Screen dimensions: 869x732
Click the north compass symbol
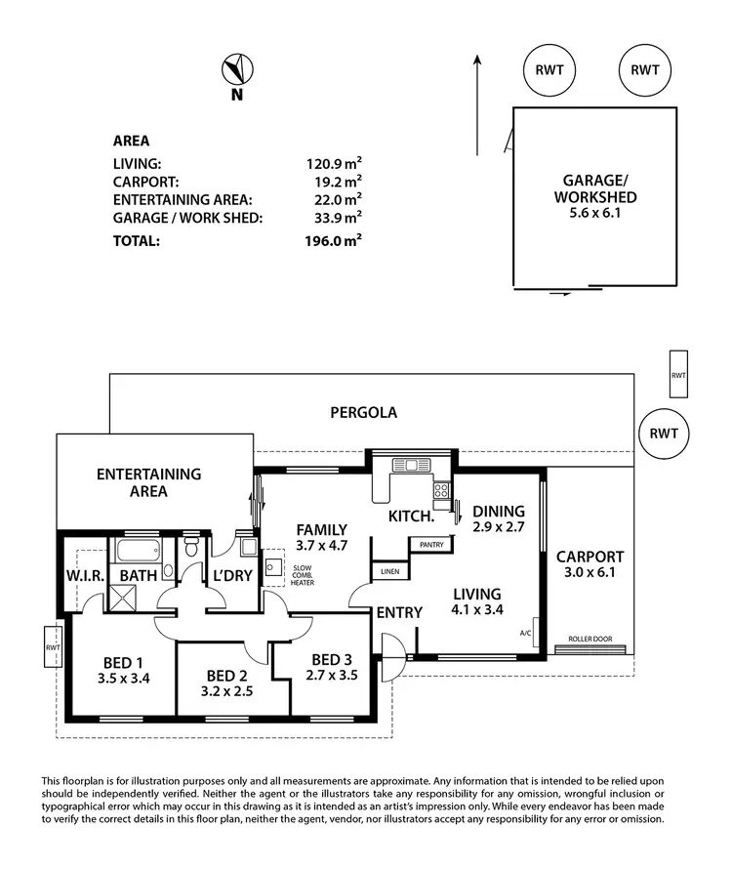click(236, 70)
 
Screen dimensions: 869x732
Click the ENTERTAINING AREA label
click(148, 482)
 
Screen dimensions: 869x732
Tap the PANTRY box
click(427, 544)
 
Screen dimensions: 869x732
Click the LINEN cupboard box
click(389, 570)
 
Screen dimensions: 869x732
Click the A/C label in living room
click(526, 633)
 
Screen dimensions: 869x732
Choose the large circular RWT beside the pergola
click(663, 434)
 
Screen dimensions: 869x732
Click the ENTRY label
click(399, 612)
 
